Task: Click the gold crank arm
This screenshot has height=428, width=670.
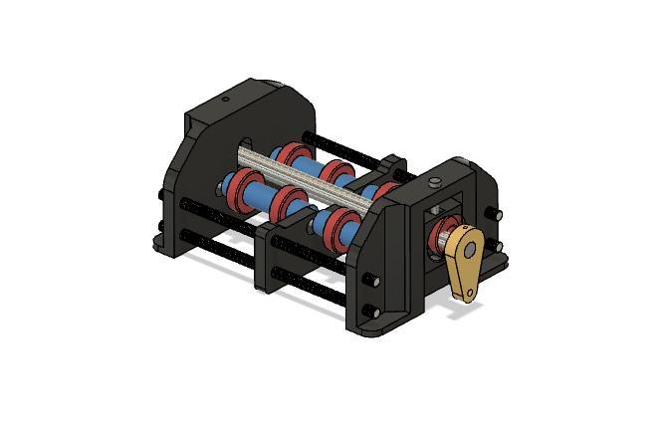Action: pos(465,259)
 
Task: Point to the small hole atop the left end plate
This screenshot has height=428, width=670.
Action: pos(225,99)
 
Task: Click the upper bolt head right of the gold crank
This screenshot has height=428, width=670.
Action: pos(496,213)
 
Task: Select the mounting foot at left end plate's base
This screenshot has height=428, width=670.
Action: pos(165,239)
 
